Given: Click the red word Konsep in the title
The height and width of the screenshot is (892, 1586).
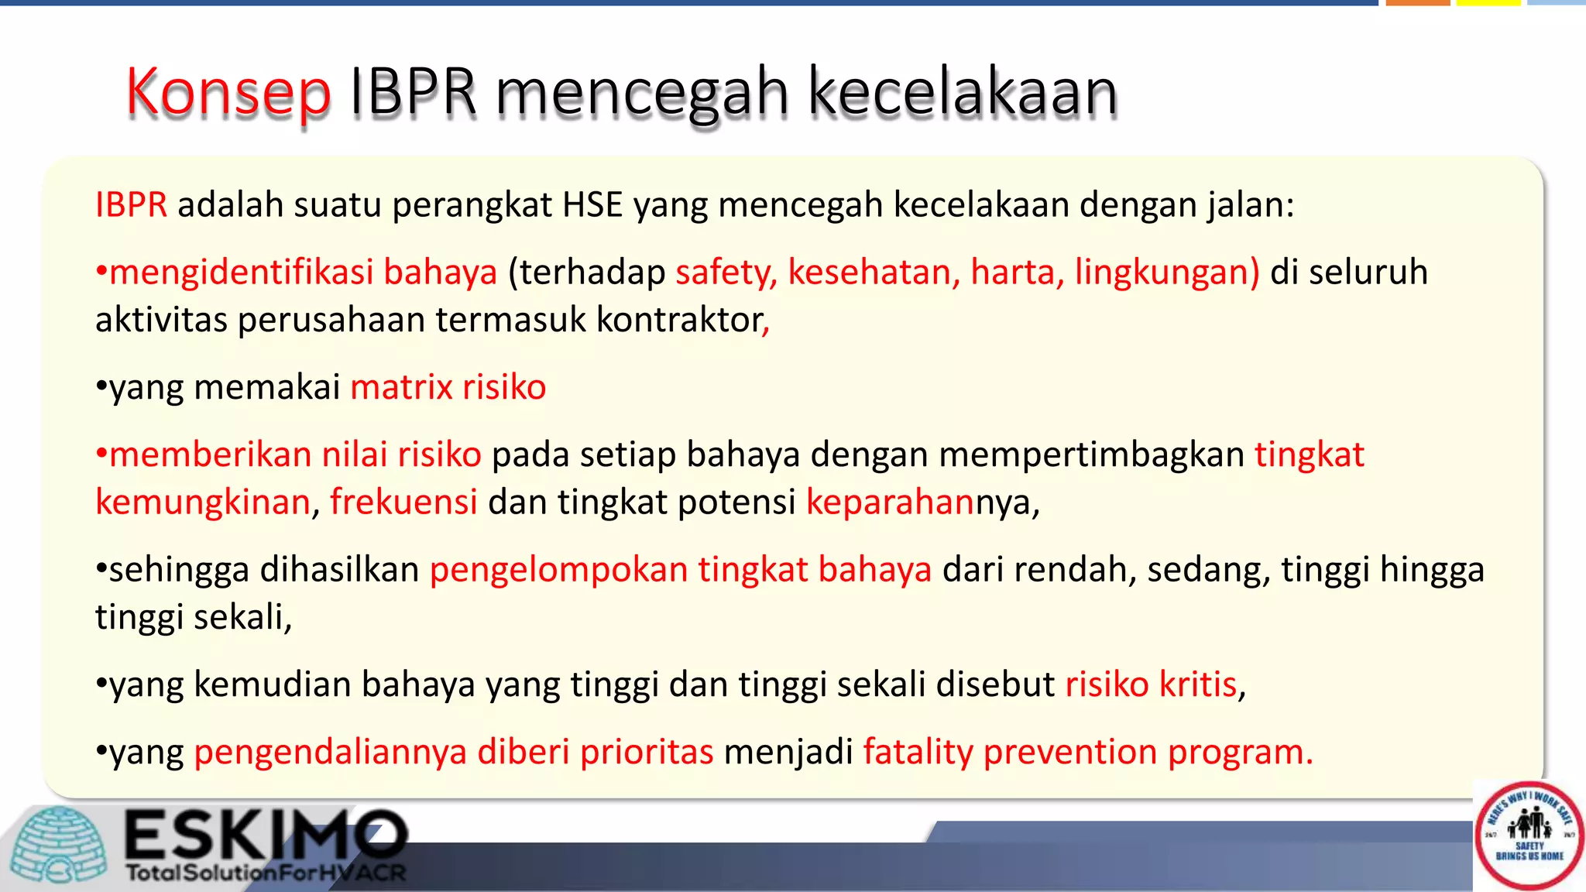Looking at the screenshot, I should coord(228,93).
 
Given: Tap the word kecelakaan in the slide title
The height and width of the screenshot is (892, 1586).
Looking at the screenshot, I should coord(963,93).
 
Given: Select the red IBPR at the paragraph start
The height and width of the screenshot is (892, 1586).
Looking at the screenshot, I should coord(131,205).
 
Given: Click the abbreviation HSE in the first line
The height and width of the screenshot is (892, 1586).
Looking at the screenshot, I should coord(592,205).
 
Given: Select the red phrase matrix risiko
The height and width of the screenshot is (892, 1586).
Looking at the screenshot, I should coord(448,387).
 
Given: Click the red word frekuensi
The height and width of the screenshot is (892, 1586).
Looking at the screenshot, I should coord(403,503).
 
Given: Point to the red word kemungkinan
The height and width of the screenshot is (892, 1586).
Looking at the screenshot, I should coord(203,503).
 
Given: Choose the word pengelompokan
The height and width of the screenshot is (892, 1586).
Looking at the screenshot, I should coord(558,570).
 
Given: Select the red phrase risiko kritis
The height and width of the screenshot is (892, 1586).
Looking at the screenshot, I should coord(1151,684).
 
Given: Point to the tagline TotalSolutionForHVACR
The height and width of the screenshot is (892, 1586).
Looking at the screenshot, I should coord(266,873).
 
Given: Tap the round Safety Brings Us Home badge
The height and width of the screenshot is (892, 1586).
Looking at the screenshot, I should coord(1529,835).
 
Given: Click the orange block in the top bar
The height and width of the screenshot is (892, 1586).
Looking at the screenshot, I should coord(1418,3).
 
